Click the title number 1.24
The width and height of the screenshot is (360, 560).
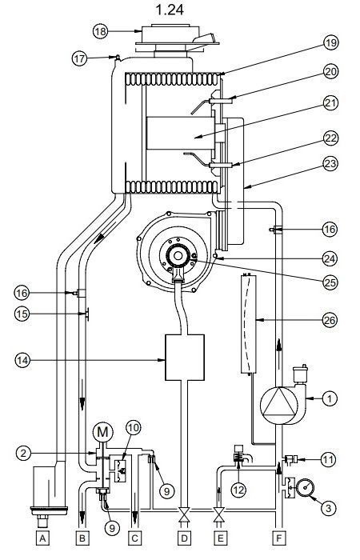(170, 10)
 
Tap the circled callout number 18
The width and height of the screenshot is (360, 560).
(100, 31)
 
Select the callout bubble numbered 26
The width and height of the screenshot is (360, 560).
(330, 320)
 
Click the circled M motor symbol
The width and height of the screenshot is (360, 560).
(102, 433)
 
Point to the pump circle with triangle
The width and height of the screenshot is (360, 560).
(278, 406)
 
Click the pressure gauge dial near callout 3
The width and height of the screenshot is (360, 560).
(305, 487)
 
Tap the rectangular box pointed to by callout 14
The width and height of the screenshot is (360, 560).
(185, 358)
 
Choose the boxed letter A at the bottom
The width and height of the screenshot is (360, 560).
(42, 538)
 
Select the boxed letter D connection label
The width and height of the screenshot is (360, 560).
(184, 538)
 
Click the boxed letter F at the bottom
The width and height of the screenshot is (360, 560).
(279, 538)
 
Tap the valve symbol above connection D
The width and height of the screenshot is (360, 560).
(184, 515)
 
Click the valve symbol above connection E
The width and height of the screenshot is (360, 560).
(219, 515)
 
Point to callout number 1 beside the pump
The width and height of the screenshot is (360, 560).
(330, 398)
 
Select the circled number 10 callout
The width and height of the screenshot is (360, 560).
(133, 427)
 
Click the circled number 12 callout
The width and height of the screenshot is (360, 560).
(238, 490)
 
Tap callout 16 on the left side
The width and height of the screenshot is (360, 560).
(22, 294)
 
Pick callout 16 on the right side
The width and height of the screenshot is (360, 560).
(330, 229)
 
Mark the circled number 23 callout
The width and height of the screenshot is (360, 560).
(330, 164)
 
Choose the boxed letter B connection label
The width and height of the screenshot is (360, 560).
(82, 538)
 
